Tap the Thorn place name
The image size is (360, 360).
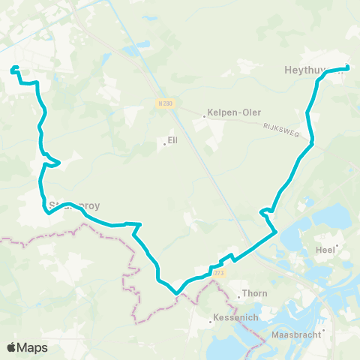pos(250,295)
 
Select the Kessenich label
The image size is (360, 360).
pos(235,318)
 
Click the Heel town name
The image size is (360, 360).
pos(325,251)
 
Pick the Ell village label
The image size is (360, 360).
pos(172,140)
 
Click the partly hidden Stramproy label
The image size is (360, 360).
pos(73,204)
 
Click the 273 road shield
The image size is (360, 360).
pos(218,273)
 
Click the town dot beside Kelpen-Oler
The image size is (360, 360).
pos(204,116)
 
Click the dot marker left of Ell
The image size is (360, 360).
pos(166,144)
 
